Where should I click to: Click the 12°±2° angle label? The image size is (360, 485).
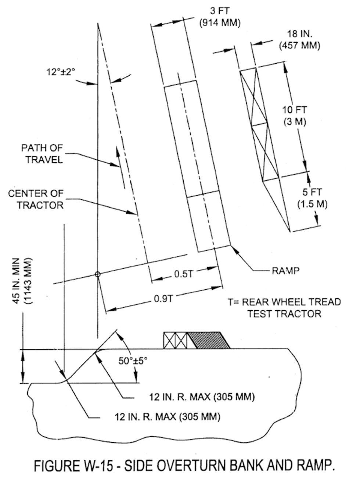[x=61, y=72]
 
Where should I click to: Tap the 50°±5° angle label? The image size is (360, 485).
[x=133, y=361]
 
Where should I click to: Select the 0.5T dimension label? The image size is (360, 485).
[x=184, y=274]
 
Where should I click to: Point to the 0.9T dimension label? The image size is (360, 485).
[x=164, y=298]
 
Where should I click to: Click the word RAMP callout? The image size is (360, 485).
[x=285, y=271]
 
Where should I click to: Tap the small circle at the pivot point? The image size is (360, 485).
[x=98, y=274]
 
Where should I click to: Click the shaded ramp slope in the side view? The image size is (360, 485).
[x=209, y=340]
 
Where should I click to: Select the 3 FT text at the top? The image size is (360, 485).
[x=220, y=11]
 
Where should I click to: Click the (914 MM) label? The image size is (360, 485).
[x=220, y=23]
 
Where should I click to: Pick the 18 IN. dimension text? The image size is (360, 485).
[x=300, y=34]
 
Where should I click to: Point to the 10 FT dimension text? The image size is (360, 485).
[x=295, y=110]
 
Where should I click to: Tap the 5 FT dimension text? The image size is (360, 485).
[x=312, y=192]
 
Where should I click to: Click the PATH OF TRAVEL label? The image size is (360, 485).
[x=42, y=154]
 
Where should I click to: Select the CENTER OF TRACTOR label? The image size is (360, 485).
[x=36, y=199]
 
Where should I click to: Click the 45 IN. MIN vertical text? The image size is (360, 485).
[x=17, y=281]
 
